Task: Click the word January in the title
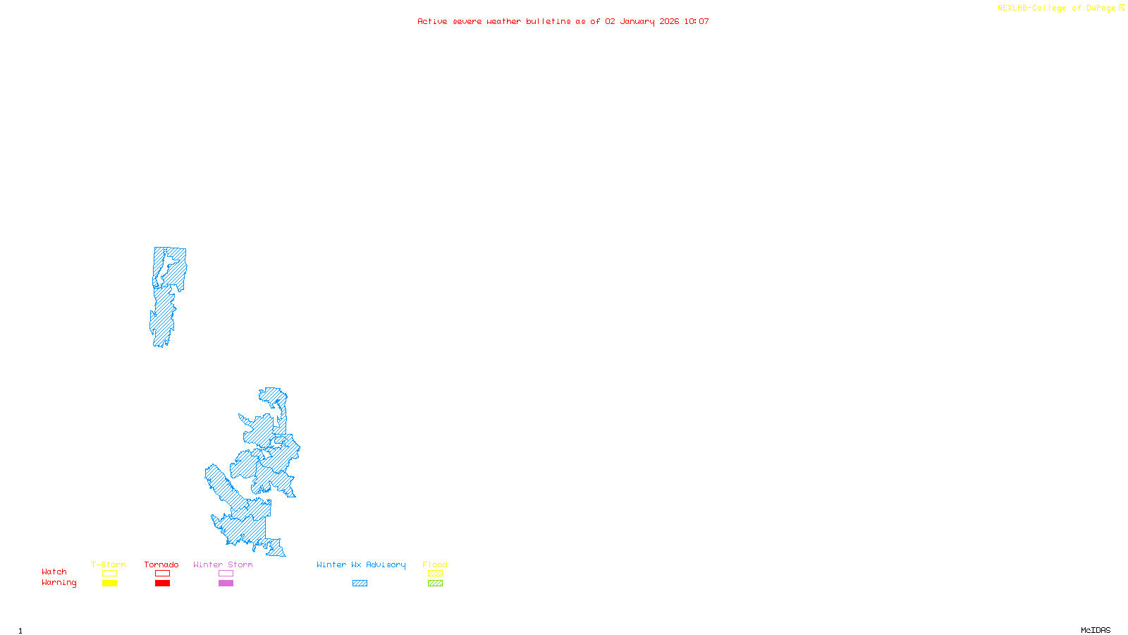pyautogui.click(x=637, y=21)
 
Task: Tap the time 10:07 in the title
pyautogui.click(x=697, y=21)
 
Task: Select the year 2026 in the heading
pyautogui.click(x=669, y=21)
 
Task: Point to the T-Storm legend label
pyautogui.click(x=109, y=564)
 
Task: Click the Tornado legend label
pyautogui.click(x=161, y=564)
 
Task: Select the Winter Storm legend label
pyautogui.click(x=223, y=564)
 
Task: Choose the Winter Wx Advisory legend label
pyautogui.click(x=361, y=564)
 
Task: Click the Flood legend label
pyautogui.click(x=435, y=564)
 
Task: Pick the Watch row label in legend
pyautogui.click(x=54, y=571)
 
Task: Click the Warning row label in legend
pyautogui.click(x=59, y=583)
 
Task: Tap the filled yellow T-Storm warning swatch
pyautogui.click(x=109, y=583)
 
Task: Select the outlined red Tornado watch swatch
pyautogui.click(x=162, y=574)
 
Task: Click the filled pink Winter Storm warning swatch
pyautogui.click(x=226, y=583)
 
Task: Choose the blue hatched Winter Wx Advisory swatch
pyautogui.click(x=360, y=583)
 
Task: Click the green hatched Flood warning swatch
pyautogui.click(x=435, y=583)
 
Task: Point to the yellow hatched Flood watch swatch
pyautogui.click(x=435, y=574)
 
